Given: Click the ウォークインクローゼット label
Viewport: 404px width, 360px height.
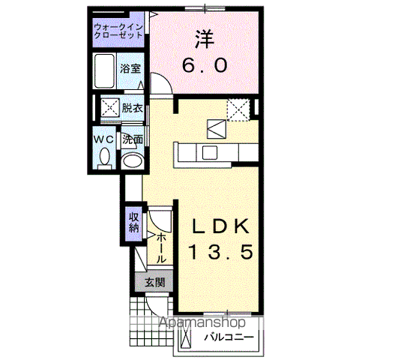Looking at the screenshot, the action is (x=118, y=31).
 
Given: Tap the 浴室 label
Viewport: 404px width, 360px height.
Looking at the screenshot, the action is (x=130, y=68).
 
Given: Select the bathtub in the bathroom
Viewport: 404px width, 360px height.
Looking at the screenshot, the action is (x=105, y=71).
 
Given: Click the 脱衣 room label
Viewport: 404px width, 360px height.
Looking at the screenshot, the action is (x=133, y=108).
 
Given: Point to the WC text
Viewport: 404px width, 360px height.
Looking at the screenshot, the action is (x=103, y=139).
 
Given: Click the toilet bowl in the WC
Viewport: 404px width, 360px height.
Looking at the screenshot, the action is (x=105, y=157).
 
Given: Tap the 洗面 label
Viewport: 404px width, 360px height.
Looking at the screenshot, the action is (x=133, y=139).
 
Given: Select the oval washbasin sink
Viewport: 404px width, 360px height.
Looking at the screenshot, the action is (x=133, y=161).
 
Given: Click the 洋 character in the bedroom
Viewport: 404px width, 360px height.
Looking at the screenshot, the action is (x=205, y=40).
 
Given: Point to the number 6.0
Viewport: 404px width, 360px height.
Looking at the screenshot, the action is (x=205, y=65).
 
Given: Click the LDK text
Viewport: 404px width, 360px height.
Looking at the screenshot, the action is (x=220, y=226).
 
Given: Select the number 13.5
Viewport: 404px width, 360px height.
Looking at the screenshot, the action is (x=220, y=252).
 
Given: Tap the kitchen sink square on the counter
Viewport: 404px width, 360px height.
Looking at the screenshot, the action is (x=209, y=152).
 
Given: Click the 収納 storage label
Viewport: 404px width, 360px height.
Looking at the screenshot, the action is (x=134, y=223).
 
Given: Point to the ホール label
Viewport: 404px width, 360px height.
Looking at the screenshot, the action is (x=161, y=247).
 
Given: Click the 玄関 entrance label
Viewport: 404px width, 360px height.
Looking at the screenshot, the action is (x=154, y=283).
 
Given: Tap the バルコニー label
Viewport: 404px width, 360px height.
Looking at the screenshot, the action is (x=229, y=337).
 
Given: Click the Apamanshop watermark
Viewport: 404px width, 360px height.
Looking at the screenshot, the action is (x=202, y=322).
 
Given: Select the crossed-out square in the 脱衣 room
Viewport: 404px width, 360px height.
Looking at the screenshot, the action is (x=109, y=108).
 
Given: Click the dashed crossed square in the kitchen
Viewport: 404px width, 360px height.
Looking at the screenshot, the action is (x=238, y=109).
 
